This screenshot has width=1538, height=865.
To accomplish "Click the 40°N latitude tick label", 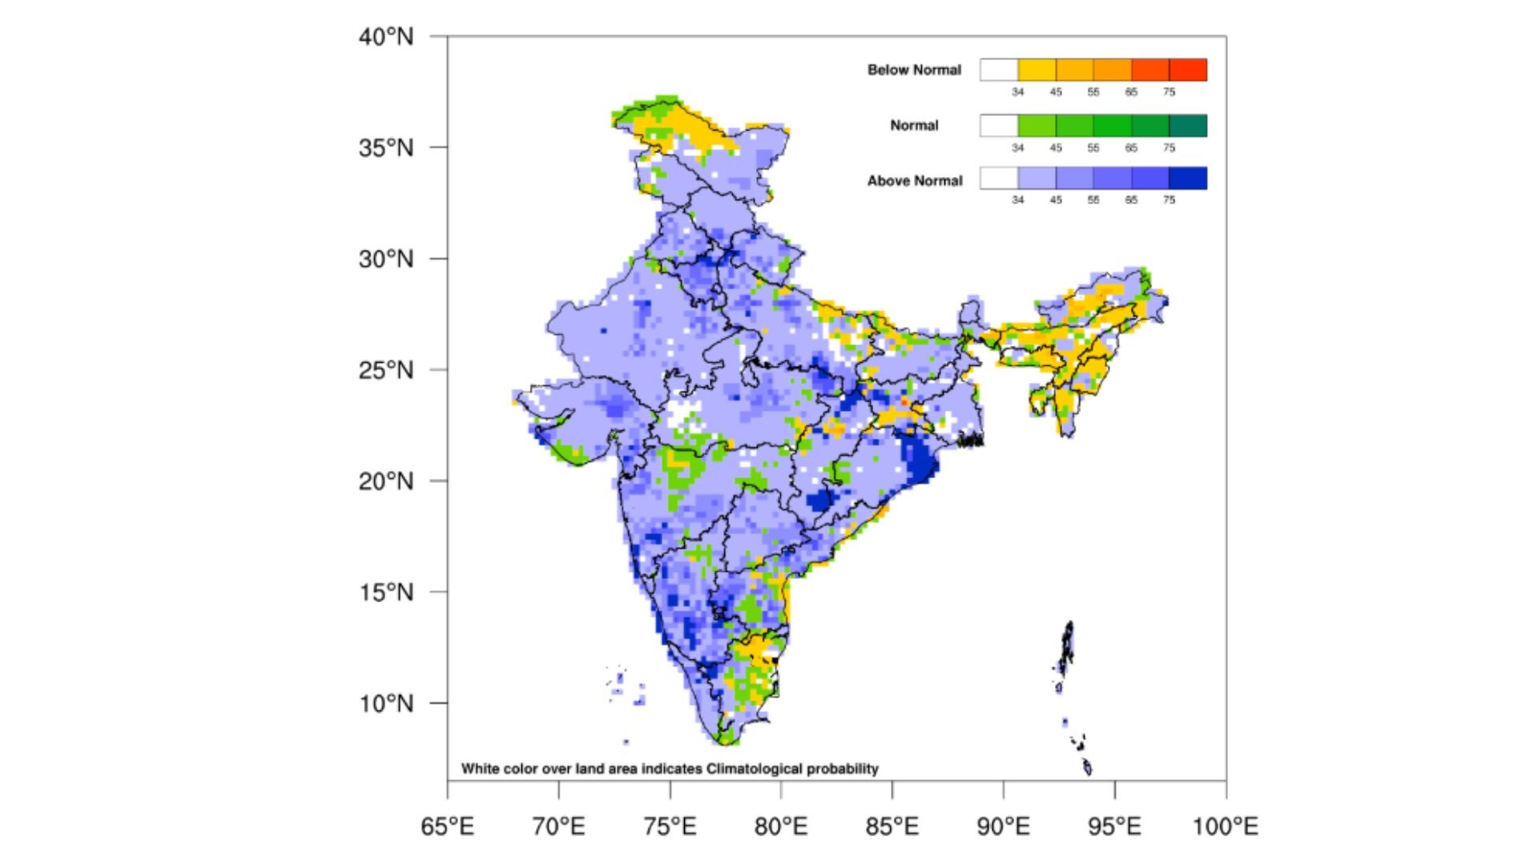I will (385, 37).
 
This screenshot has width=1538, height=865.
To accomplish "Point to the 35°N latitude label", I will (385, 148).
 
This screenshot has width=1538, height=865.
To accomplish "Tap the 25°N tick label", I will (385, 371).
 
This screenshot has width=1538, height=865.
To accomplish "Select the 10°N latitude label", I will (385, 704).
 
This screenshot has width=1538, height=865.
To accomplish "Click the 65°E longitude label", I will (447, 826).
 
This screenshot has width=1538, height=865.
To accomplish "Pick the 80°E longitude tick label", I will (780, 826).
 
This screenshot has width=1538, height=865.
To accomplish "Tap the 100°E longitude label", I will (1225, 826).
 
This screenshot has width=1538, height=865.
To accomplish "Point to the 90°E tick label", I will (1003, 826).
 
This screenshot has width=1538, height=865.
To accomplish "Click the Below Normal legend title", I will (914, 70).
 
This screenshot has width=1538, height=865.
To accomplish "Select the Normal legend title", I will (914, 125).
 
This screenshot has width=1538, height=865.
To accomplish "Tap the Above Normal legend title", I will (914, 181).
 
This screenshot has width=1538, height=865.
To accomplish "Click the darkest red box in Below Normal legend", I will (1188, 70).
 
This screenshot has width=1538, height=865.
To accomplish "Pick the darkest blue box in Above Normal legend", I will (1188, 178).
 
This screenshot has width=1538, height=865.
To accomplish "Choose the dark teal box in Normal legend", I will (1188, 125).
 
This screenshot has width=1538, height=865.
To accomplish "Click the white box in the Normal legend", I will (998, 125).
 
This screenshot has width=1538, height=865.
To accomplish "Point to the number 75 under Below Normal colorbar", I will (1169, 92).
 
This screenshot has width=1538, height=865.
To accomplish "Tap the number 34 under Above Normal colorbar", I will (1017, 199).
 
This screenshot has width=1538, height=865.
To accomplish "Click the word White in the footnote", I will (480, 769).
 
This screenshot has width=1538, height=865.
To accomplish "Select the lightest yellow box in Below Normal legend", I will (1037, 70).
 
